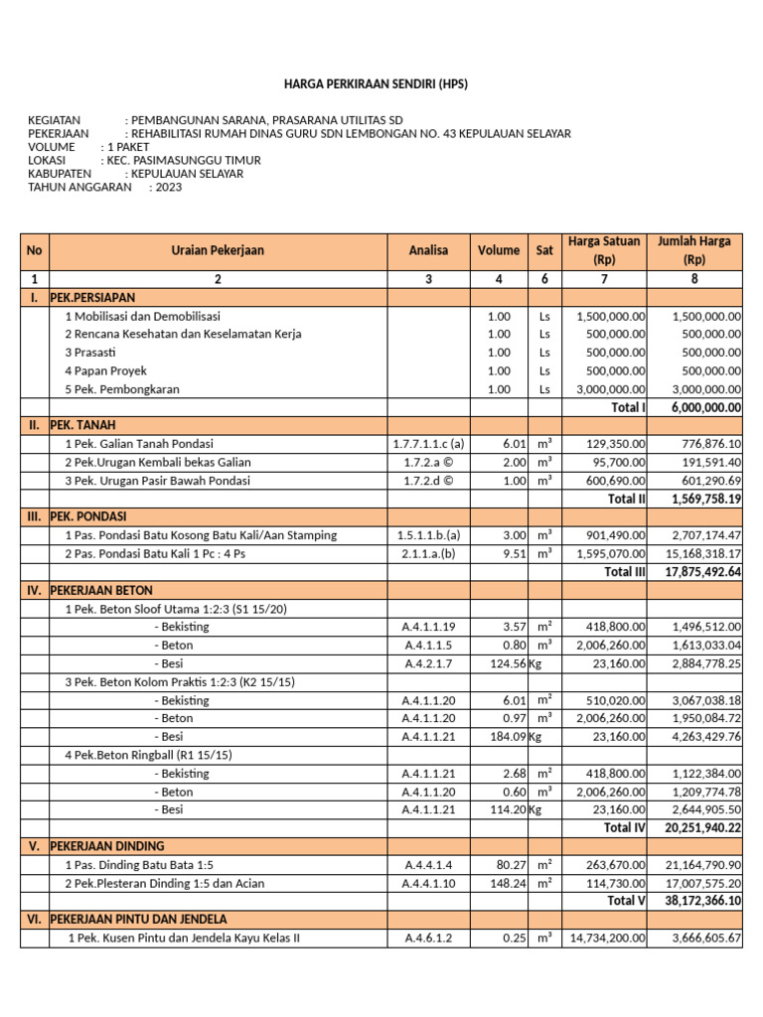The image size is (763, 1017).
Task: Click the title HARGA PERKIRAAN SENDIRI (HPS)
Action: click(x=376, y=84)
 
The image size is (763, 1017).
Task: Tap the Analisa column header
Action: click(x=428, y=251)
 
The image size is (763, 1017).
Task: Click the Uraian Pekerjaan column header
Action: click(x=218, y=251)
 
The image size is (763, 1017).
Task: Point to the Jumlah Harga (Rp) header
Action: click(x=694, y=250)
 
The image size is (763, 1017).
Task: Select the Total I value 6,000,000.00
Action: click(x=705, y=407)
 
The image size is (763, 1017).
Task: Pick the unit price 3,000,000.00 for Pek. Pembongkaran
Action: click(x=610, y=389)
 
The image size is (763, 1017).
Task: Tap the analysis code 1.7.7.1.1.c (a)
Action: click(x=428, y=444)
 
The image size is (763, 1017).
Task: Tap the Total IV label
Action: click(x=625, y=827)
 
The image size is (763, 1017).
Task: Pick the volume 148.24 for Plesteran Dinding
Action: click(x=507, y=883)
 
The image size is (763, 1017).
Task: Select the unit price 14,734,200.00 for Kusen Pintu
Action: click(x=606, y=938)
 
